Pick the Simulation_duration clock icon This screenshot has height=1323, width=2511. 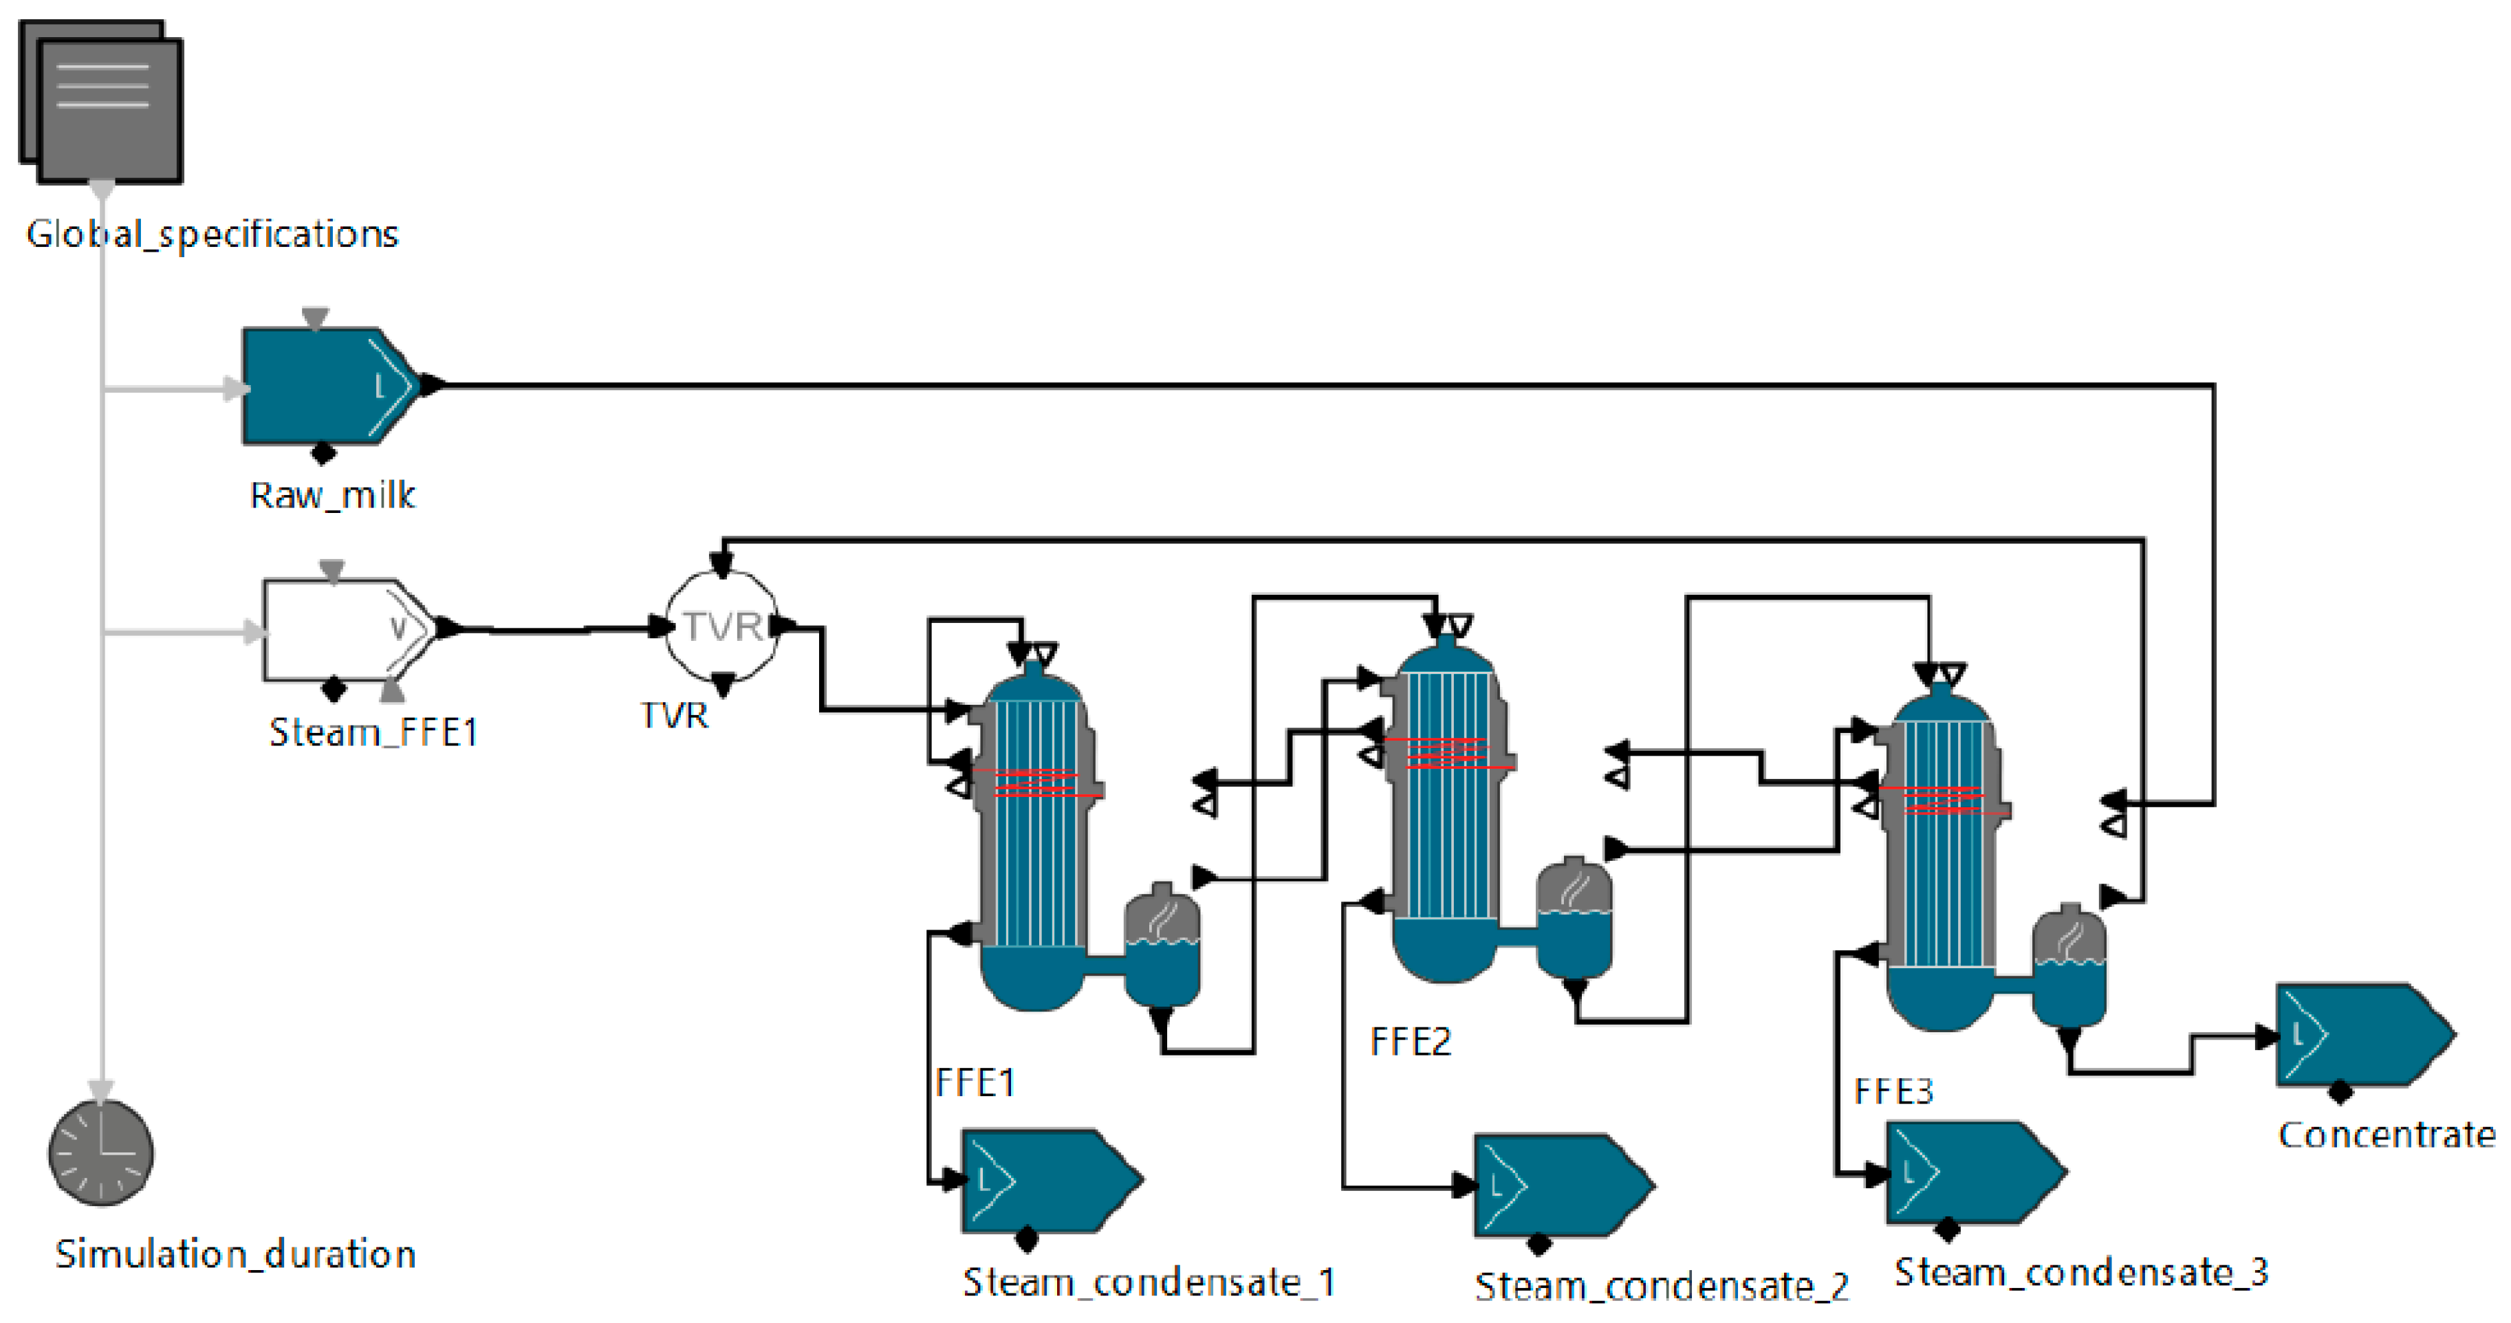(x=101, y=1152)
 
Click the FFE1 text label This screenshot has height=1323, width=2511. (x=975, y=1082)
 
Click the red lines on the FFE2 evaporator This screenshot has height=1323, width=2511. (x=1448, y=754)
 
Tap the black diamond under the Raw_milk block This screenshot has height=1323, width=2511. (x=323, y=453)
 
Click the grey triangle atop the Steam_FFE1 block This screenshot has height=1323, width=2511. (x=332, y=569)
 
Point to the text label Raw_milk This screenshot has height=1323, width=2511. (x=332, y=495)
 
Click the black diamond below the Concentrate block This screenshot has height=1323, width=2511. (x=2340, y=1093)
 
